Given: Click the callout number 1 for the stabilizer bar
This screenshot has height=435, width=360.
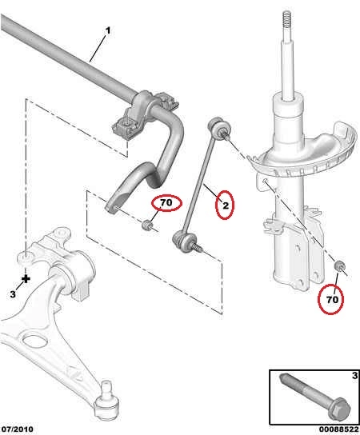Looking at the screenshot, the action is pyautogui.click(x=108, y=30).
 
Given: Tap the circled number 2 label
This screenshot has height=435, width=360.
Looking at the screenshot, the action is pyautogui.click(x=226, y=206).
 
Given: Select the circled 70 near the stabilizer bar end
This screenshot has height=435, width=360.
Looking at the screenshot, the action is pyautogui.click(x=166, y=203).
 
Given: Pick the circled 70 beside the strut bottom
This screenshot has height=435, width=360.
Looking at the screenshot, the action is pyautogui.click(x=332, y=300).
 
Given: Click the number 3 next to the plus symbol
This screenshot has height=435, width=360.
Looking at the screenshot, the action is pyautogui.click(x=13, y=294).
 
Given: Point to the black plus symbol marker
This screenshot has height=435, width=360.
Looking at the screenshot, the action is pyautogui.click(x=26, y=279).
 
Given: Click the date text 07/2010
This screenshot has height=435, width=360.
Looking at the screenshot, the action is pyautogui.click(x=18, y=429).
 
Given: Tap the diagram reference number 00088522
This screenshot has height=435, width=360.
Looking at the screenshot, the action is pyautogui.click(x=338, y=429).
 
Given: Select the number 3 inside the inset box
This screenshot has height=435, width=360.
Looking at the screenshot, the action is pyautogui.click(x=354, y=376).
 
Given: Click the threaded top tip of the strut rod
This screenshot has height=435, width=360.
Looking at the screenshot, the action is pyautogui.click(x=287, y=13).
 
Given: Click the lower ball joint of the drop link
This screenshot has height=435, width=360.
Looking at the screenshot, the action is pyautogui.click(x=184, y=241).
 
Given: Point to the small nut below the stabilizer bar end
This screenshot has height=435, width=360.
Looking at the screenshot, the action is pyautogui.click(x=147, y=225).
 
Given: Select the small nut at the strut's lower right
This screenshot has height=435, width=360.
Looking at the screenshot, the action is pyautogui.click(x=339, y=266).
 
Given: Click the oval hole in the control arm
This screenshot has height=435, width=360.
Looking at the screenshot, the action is pyautogui.click(x=34, y=342).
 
